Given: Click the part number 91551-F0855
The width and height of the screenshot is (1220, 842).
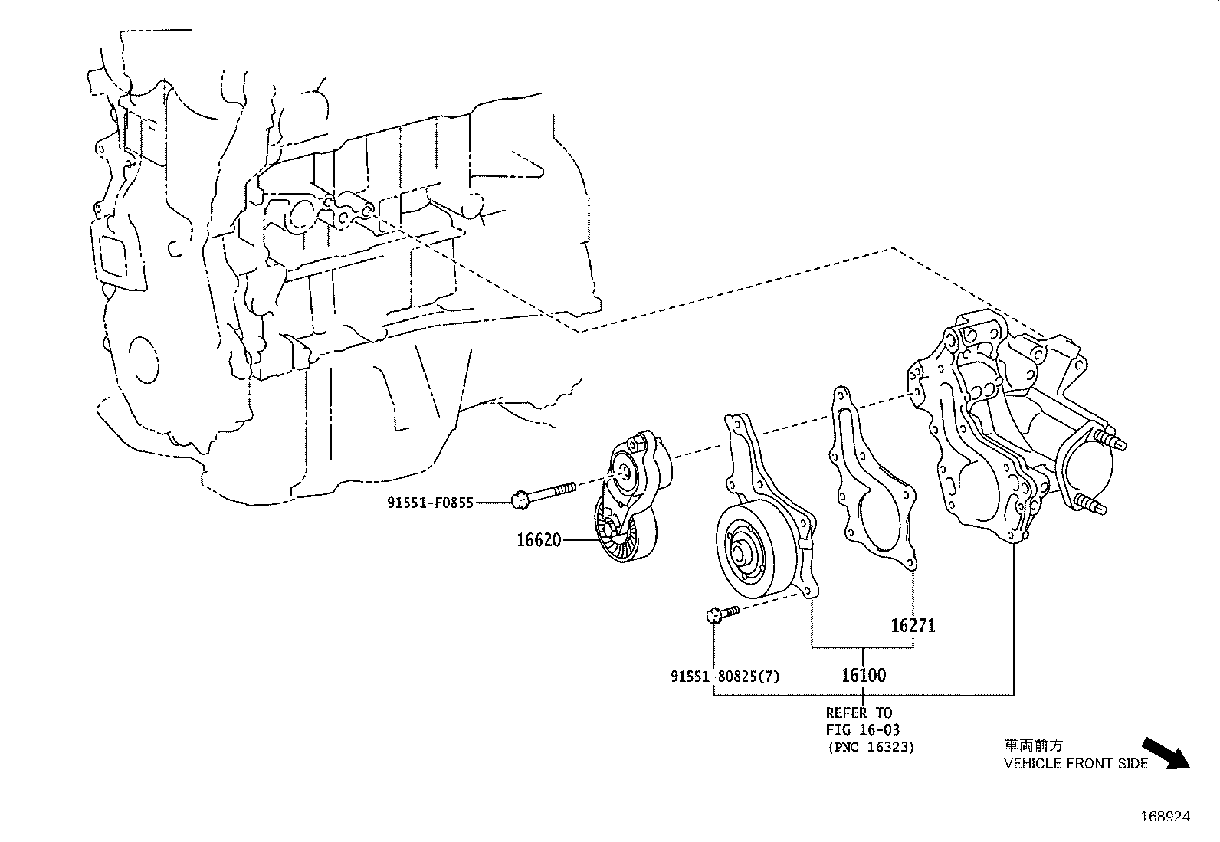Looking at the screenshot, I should (430, 503).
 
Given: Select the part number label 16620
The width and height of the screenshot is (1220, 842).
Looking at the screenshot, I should (539, 540).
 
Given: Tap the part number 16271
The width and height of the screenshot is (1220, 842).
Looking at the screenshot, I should (913, 626).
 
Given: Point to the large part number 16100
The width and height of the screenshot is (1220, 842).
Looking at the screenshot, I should (864, 675).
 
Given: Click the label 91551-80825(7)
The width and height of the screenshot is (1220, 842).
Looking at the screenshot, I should (725, 677).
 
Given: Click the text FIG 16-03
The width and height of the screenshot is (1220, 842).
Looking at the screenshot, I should (862, 729).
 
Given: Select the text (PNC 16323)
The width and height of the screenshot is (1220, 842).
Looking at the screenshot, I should (871, 747).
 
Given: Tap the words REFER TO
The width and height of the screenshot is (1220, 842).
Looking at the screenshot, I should (858, 713).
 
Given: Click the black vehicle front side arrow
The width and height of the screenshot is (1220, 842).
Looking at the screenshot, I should (1166, 752).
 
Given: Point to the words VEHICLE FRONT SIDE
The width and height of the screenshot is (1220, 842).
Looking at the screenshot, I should (1076, 764).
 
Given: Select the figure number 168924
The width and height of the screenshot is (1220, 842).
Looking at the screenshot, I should (1165, 817).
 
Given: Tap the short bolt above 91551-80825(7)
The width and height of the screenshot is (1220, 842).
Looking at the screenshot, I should (721, 612).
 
